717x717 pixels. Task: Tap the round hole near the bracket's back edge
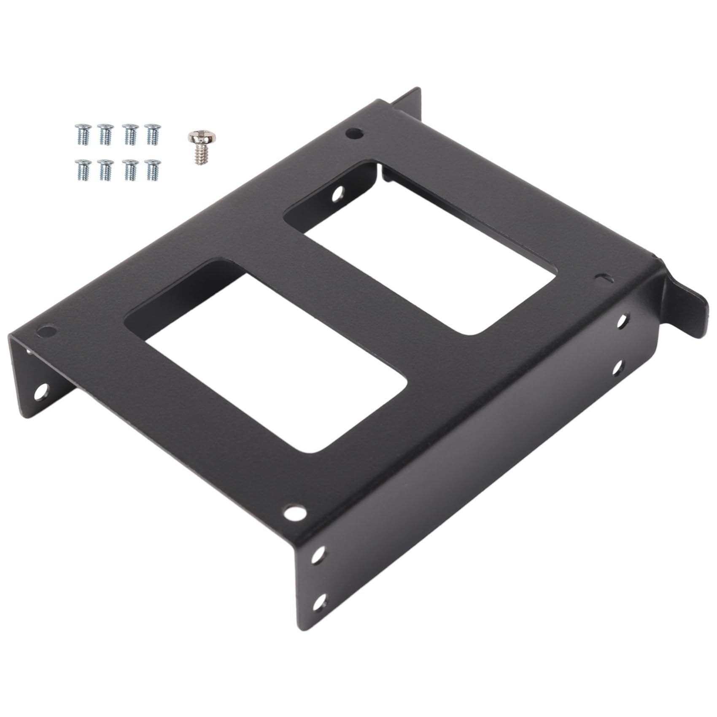point(353,133)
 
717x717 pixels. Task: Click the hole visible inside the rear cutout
point(338,196)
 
